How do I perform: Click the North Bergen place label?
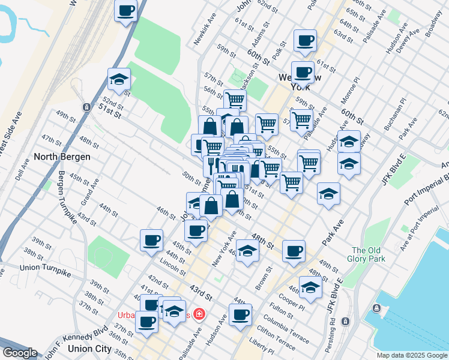coord(62,157)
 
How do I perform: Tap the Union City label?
coord(90,349)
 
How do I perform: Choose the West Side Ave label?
coord(11,134)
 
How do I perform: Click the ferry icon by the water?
coord(376,308)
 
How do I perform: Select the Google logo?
coord(19,353)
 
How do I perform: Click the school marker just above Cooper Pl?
coord(310,287)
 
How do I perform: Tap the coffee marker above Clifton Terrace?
coord(241,315)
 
